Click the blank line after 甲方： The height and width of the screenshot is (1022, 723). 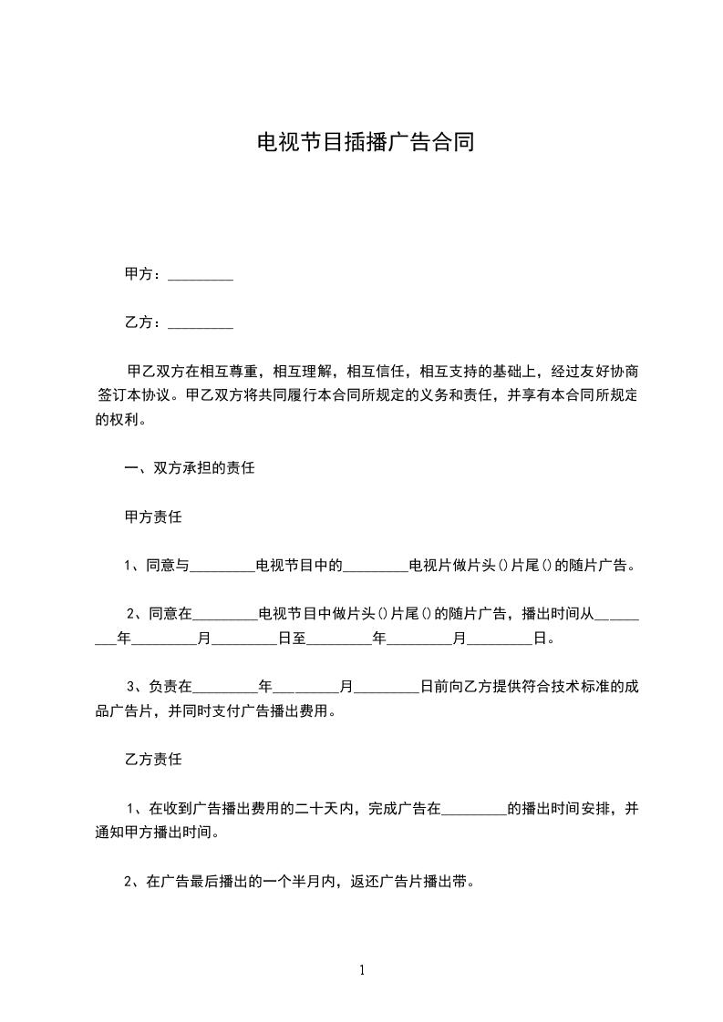tap(201, 274)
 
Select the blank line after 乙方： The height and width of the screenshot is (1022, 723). tap(201, 322)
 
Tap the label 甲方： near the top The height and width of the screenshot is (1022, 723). tap(144, 274)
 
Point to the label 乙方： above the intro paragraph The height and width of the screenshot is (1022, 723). tap(144, 322)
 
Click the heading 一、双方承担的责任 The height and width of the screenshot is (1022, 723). tap(189, 469)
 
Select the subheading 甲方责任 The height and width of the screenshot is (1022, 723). tap(153, 517)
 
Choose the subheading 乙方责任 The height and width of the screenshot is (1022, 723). tap(153, 758)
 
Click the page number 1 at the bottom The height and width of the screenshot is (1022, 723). tap(362, 970)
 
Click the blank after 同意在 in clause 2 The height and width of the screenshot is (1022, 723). tap(226, 613)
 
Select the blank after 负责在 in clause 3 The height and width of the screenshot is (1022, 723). tap(226, 686)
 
